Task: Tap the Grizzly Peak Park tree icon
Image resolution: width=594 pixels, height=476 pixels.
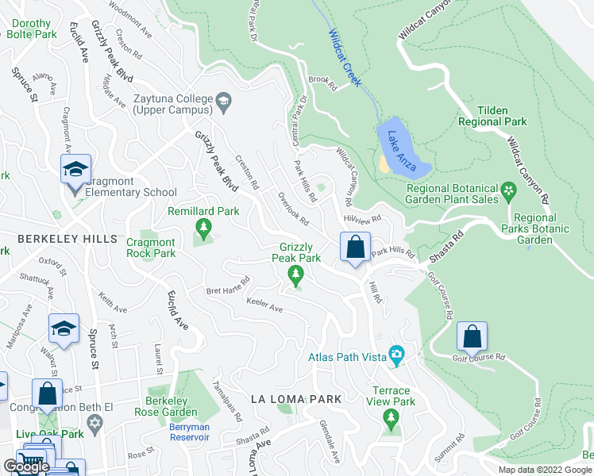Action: pyautogui.click(x=296, y=274)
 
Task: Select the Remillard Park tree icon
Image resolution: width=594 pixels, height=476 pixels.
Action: pyautogui.click(x=204, y=229)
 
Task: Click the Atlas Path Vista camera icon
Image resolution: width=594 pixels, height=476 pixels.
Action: pyautogui.click(x=395, y=355)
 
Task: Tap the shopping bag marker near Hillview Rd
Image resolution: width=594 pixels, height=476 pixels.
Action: pyautogui.click(x=355, y=246)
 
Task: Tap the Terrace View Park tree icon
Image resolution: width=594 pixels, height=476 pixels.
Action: pyautogui.click(x=389, y=417)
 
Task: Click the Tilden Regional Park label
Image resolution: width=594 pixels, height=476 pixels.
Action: pyautogui.click(x=492, y=117)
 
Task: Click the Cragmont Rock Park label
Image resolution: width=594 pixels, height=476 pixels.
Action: pyautogui.click(x=151, y=247)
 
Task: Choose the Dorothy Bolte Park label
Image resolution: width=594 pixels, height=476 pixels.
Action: pyautogui.click(x=32, y=29)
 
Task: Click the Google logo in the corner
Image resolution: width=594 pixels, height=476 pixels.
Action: pyautogui.click(x=26, y=466)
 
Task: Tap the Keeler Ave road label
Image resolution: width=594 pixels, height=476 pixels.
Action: pyautogui.click(x=264, y=305)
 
